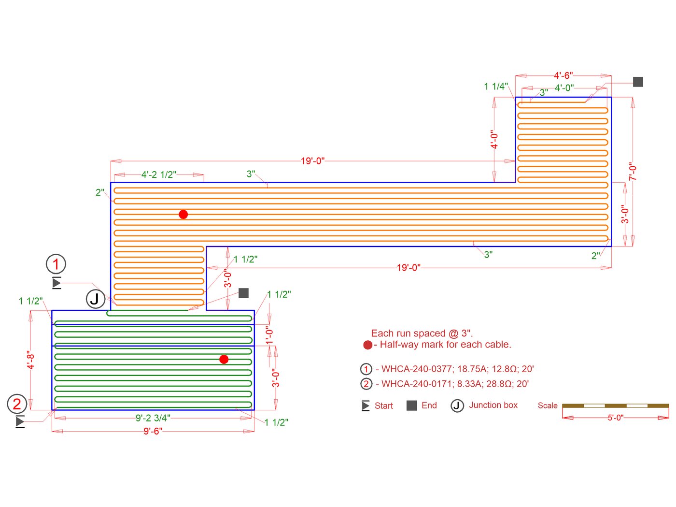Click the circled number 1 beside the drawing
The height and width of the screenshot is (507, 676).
tap(56, 264)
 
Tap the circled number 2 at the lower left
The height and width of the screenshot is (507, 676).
tap(17, 404)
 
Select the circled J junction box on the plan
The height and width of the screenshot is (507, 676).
tap(95, 299)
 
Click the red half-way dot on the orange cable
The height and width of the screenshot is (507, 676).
tap(183, 214)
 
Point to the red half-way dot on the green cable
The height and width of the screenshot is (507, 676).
tap(224, 359)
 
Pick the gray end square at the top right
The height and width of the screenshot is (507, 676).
tap(638, 82)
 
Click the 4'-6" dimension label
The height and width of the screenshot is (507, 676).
tap(563, 75)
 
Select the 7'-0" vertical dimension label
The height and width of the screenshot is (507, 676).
tap(633, 172)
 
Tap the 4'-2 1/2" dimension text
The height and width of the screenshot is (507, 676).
tap(158, 174)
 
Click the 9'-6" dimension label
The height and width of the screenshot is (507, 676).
tap(153, 431)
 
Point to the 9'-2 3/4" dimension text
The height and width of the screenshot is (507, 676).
tap(153, 418)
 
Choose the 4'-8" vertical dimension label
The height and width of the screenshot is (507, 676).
tap(31, 360)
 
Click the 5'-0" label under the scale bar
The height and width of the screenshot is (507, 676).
tap(615, 418)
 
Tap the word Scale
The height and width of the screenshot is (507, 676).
tap(548, 406)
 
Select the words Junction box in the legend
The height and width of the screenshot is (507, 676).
tap(493, 405)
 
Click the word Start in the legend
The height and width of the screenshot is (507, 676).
tap(384, 406)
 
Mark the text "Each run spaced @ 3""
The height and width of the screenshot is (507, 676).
tap(422, 333)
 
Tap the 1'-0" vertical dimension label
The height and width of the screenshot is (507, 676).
tap(269, 334)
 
